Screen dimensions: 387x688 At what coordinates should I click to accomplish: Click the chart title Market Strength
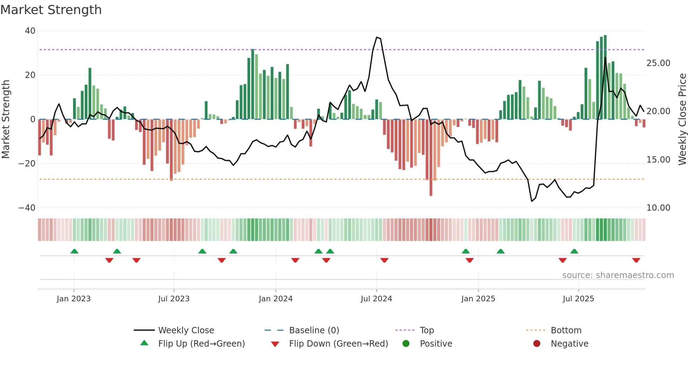coord(51,10)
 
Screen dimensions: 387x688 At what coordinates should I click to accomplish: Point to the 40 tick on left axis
coord(30,31)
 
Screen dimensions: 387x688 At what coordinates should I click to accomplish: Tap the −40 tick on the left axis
coord(27,208)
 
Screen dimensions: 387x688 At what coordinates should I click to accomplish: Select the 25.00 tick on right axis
coord(658,63)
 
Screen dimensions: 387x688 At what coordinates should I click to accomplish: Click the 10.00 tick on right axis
coord(658,208)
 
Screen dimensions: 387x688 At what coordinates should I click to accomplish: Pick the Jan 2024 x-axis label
coord(276,299)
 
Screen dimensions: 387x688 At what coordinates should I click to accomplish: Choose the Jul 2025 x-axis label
coord(578,299)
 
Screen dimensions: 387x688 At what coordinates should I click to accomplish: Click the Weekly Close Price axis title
coord(682,119)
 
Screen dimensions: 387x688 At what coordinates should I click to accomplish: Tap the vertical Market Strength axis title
coord(6,119)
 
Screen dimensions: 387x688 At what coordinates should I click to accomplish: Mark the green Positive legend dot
coord(406,344)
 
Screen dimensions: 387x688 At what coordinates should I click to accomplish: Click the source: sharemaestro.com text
coord(618,275)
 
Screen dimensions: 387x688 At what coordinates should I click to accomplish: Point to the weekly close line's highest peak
coord(377,37)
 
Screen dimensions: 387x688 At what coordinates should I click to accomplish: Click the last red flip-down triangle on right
coord(636,260)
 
